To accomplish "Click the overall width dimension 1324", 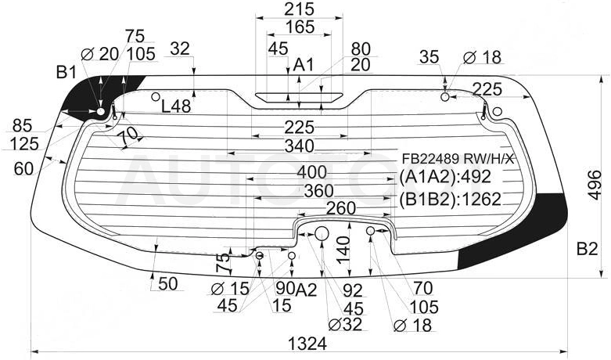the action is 307,344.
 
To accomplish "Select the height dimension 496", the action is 594,185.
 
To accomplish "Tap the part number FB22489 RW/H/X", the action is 458,159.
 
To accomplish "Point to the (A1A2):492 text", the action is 445,177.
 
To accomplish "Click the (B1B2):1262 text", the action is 450,199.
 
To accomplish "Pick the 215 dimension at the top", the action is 300,9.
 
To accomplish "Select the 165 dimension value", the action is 300,27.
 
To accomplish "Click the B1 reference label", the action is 66,72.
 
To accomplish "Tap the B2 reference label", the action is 587,249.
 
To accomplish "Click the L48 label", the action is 176,106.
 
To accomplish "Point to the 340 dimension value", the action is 300,146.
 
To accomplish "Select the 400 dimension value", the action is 311,172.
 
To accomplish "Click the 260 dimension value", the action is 341,208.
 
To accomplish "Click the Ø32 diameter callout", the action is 345,324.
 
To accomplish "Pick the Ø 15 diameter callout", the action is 230,289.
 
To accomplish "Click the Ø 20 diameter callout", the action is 99,54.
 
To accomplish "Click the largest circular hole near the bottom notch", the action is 322,234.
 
